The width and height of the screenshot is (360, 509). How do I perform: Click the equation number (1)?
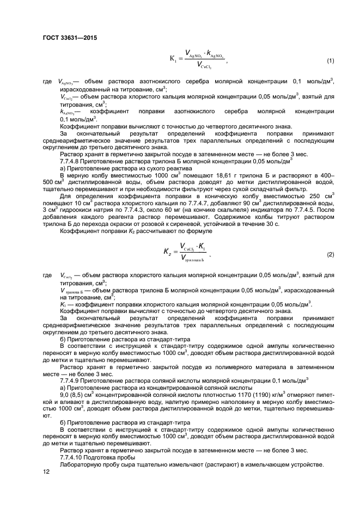(330, 60)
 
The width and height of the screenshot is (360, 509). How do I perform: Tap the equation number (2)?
(330, 255)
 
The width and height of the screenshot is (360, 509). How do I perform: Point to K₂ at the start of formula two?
(168, 252)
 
